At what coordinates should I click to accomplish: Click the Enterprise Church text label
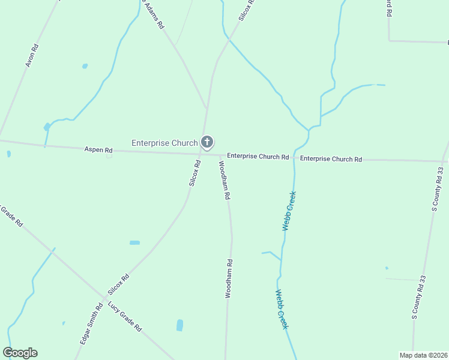pos(164,143)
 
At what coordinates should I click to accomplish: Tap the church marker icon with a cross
pos(206,142)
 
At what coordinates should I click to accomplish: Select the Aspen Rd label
pos(99,149)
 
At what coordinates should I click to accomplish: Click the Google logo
pos(20,353)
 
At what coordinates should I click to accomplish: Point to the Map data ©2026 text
pos(423,355)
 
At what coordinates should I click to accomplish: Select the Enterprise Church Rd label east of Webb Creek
pos(331,159)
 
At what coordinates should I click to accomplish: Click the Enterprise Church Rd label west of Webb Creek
pos(258,157)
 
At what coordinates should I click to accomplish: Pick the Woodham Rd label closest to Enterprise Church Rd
pos(224,180)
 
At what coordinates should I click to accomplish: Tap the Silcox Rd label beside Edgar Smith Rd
pos(118,285)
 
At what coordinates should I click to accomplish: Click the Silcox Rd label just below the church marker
pos(194,173)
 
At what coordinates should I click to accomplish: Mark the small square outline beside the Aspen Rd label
pos(109,155)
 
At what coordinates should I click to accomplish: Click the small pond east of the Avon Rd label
pos(85,66)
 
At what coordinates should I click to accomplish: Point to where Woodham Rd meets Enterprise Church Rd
pos(220,155)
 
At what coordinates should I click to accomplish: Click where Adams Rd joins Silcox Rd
pos(207,109)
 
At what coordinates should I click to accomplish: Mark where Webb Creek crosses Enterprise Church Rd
pos(294,158)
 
